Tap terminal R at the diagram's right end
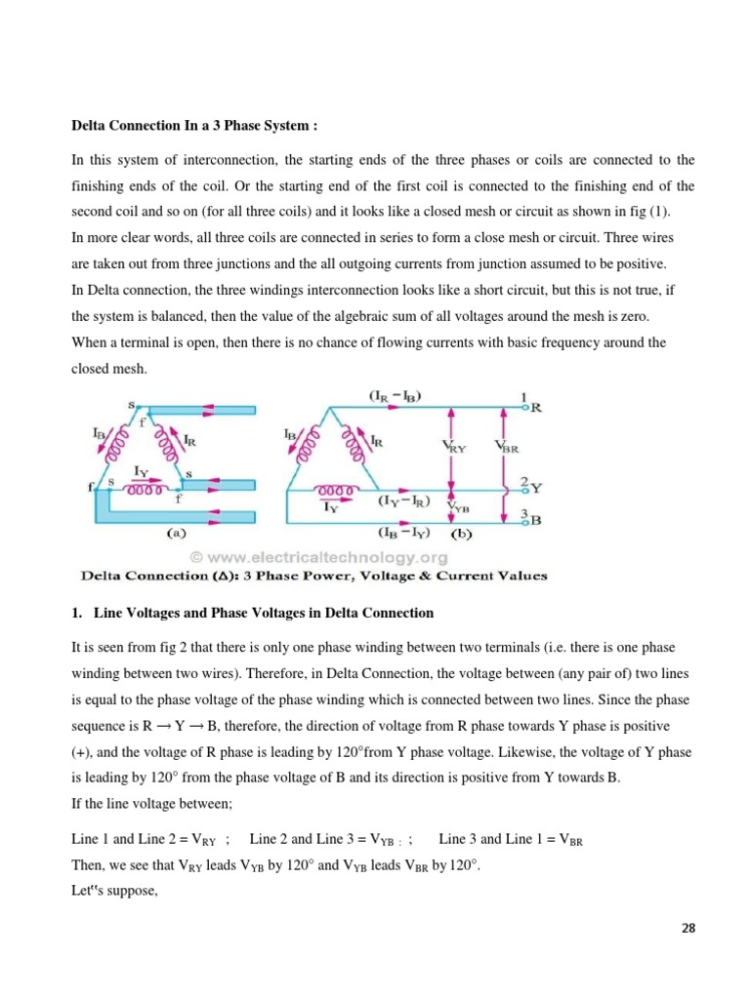click(x=532, y=408)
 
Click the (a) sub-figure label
click(x=176, y=535)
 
